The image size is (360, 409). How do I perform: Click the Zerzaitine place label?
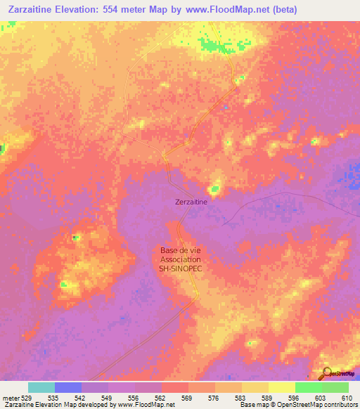(191, 202)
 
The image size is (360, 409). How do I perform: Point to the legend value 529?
(27, 398)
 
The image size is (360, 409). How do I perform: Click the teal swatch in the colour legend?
(41, 387)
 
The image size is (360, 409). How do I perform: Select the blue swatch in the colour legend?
(67, 387)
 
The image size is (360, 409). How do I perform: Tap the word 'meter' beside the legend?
(9, 398)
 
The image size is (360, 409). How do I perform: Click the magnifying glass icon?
(326, 372)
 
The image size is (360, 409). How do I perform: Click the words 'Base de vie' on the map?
(180, 249)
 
